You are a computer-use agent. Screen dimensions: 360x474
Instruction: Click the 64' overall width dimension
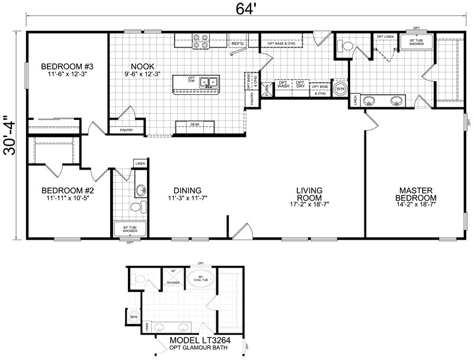[x=244, y=10]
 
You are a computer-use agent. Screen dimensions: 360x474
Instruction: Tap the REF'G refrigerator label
[x=238, y=43]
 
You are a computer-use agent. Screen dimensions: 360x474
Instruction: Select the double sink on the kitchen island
[x=209, y=83]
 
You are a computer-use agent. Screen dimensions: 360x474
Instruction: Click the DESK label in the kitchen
[x=195, y=125]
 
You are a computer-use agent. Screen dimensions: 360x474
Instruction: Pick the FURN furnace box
[x=268, y=90]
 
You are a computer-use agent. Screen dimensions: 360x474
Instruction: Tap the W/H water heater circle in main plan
[x=340, y=90]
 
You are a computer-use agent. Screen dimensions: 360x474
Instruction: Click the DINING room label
[x=188, y=190]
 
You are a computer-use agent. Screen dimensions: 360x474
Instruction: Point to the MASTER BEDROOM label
[x=417, y=193]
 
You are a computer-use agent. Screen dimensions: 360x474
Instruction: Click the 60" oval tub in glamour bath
[x=200, y=278]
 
